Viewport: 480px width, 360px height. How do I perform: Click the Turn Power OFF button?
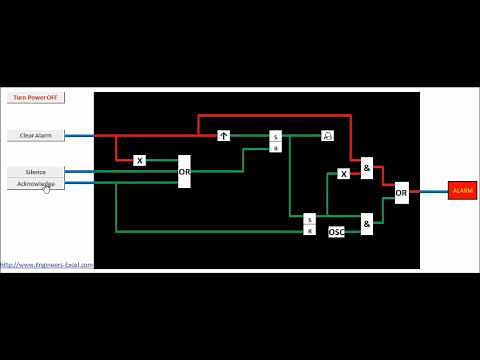35,98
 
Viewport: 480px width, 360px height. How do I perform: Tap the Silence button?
35,172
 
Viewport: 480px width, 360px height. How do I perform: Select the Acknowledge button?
35,184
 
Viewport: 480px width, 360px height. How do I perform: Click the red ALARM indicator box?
462,190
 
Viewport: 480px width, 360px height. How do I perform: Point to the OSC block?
336,232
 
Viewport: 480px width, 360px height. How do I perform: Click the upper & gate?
367,169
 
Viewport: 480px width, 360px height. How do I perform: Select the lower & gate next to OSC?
367,224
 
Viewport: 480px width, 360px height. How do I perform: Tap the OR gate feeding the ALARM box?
401,191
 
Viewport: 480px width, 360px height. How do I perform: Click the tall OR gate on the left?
184,171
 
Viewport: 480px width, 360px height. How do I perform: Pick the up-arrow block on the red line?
224,135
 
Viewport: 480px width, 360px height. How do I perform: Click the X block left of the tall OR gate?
139,160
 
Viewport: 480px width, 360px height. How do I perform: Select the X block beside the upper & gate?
343,174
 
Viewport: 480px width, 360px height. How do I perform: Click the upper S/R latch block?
276,141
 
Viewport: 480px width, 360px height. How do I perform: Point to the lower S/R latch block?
309,224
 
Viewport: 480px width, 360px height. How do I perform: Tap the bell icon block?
326,135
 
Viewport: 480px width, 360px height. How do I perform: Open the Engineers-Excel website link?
47,265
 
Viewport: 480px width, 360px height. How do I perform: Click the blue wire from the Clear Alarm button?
80,135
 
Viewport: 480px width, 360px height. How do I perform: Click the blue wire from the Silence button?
80,172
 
